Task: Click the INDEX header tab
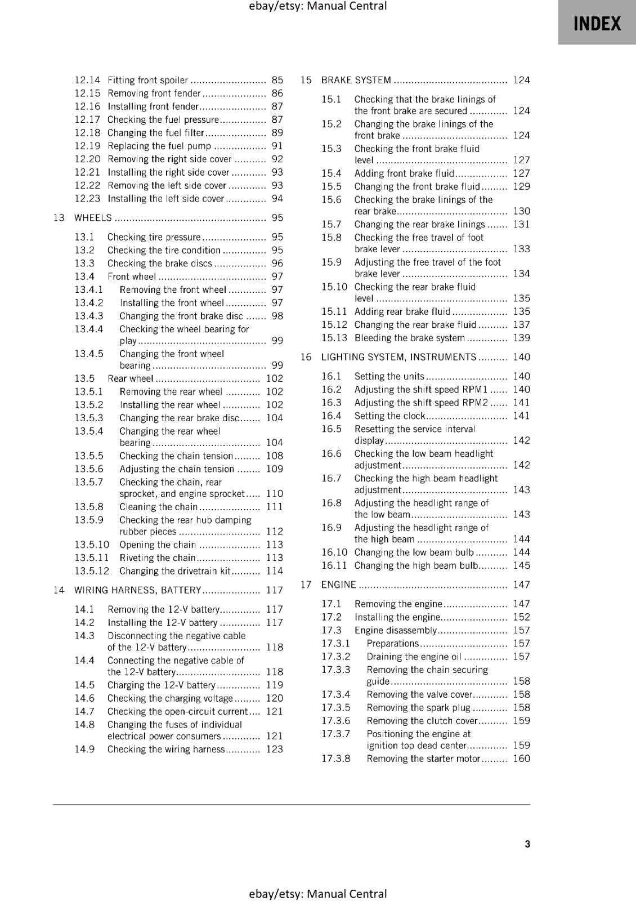pyautogui.click(x=597, y=24)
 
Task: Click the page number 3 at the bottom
pyautogui.click(x=527, y=844)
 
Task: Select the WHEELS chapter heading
pyautogui.click(x=93, y=218)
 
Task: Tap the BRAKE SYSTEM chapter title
pyautogui.click(x=356, y=80)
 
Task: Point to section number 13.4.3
pyautogui.click(x=89, y=316)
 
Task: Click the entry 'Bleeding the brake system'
pyautogui.click(x=409, y=338)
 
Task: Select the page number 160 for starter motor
pyautogui.click(x=521, y=759)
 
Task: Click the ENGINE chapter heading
pyautogui.click(x=338, y=585)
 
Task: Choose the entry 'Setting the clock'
pyautogui.click(x=389, y=416)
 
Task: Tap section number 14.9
pyautogui.click(x=84, y=749)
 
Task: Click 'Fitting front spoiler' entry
pyautogui.click(x=147, y=80)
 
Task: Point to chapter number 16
pyautogui.click(x=306, y=357)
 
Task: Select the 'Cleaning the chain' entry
pyautogui.click(x=158, y=507)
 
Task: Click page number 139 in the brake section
pyautogui.click(x=521, y=338)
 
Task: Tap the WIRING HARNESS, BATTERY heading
pyautogui.click(x=137, y=590)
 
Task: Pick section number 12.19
pyautogui.click(x=87, y=146)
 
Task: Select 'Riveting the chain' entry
pyautogui.click(x=157, y=557)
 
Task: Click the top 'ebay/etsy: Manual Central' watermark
pyautogui.click(x=317, y=6)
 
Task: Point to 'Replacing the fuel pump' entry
pyautogui.click(x=159, y=146)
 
